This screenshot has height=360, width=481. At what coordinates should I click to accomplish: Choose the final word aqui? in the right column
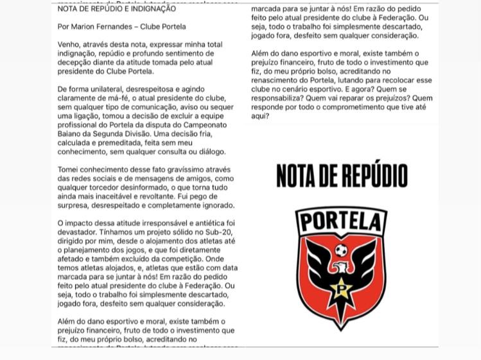click(x=260, y=116)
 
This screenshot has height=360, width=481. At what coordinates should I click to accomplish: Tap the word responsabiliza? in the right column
click(x=280, y=98)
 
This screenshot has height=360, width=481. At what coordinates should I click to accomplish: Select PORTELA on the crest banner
click(x=341, y=223)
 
